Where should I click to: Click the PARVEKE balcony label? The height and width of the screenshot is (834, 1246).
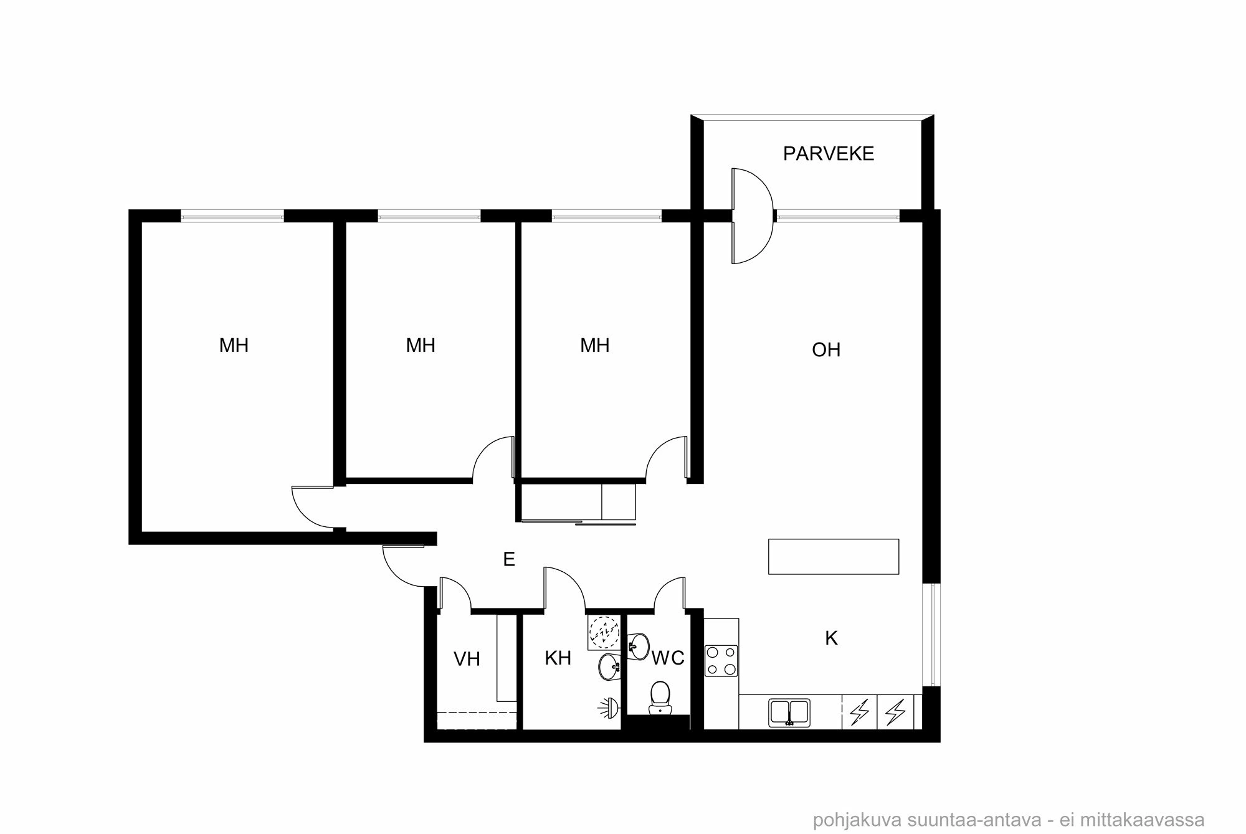(828, 154)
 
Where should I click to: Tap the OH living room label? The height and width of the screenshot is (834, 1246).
(826, 350)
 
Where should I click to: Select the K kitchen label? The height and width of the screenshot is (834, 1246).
(831, 638)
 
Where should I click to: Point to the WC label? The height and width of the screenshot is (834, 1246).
(668, 658)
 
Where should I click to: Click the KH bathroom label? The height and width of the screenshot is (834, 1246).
(558, 658)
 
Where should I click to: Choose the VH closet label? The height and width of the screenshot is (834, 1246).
(467, 659)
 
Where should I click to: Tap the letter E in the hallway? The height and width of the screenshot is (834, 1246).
(509, 560)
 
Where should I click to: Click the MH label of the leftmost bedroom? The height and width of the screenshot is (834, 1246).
(234, 346)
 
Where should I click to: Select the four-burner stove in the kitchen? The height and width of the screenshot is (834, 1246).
(721, 661)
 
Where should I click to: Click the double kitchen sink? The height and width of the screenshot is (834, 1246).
(789, 712)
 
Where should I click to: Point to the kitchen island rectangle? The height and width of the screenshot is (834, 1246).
(833, 556)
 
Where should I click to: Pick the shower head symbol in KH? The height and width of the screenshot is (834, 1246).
(609, 706)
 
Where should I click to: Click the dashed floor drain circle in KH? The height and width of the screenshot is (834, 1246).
(603, 630)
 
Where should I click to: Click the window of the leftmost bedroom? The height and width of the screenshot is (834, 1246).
(232, 216)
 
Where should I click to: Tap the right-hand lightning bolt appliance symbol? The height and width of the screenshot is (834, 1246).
(895, 712)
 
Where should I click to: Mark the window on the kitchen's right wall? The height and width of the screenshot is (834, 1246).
(931, 633)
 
